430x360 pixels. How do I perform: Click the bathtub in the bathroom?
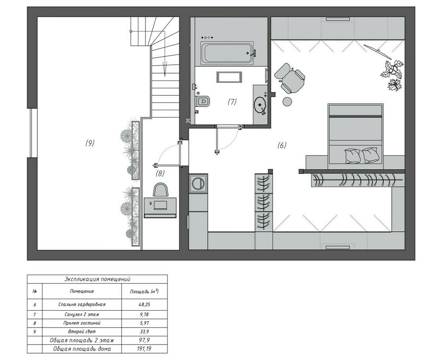point(227,53)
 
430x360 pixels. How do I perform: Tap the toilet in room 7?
point(203,101)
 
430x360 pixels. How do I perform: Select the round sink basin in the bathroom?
point(260,104)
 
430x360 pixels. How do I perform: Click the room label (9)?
point(90,143)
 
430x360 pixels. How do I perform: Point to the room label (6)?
point(282,145)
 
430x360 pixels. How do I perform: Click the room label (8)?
point(160,173)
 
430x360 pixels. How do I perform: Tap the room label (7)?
point(232,102)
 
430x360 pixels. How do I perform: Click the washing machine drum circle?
point(197,183)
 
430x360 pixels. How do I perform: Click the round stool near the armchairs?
point(288,102)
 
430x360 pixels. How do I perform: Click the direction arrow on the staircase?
point(165,68)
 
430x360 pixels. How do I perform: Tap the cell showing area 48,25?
point(144,304)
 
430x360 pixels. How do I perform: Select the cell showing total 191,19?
point(144,349)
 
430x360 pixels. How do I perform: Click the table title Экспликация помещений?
point(97,279)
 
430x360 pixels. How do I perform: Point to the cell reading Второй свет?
point(82,332)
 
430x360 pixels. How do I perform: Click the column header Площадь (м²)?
point(144,291)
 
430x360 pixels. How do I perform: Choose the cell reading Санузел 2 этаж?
point(82,315)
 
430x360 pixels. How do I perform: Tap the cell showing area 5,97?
point(144,323)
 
